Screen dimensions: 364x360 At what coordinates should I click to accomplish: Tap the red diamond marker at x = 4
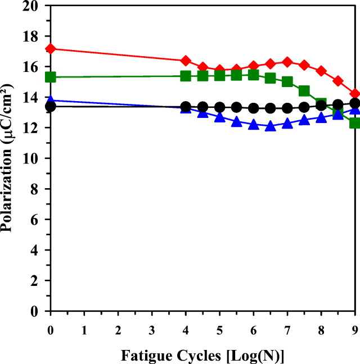coord(186,61)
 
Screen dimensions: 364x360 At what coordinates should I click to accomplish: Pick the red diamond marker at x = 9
coord(355,94)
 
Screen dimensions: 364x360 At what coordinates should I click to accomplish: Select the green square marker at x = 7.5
coord(304,91)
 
